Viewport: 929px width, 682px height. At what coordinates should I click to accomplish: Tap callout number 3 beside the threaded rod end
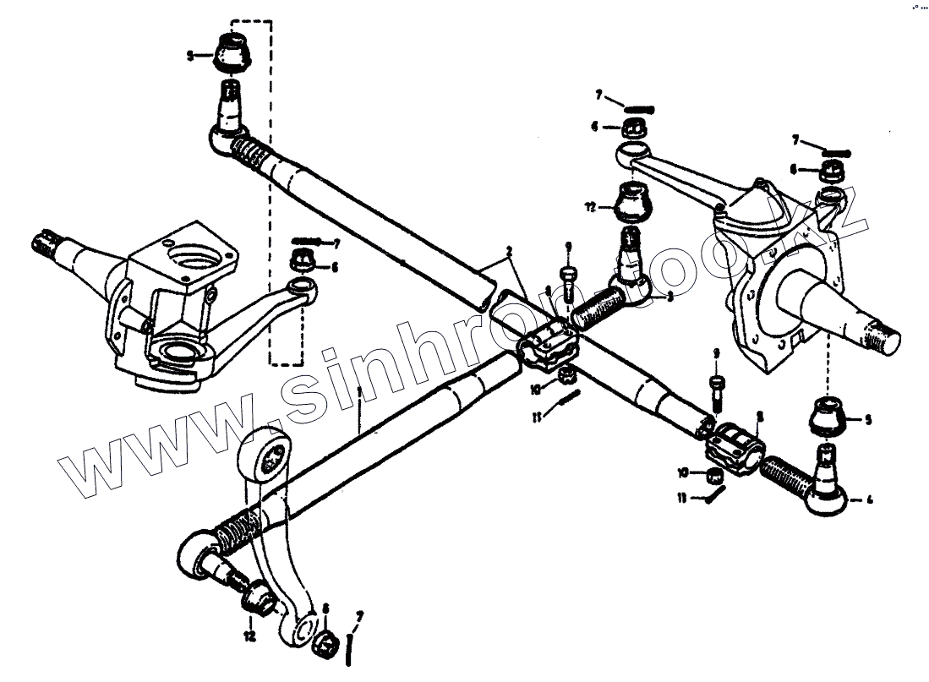pyautogui.click(x=669, y=297)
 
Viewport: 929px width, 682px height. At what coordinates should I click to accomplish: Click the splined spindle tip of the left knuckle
pyautogui.click(x=45, y=243)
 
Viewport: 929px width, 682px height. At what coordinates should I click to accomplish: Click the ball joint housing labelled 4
pyautogui.click(x=824, y=498)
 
